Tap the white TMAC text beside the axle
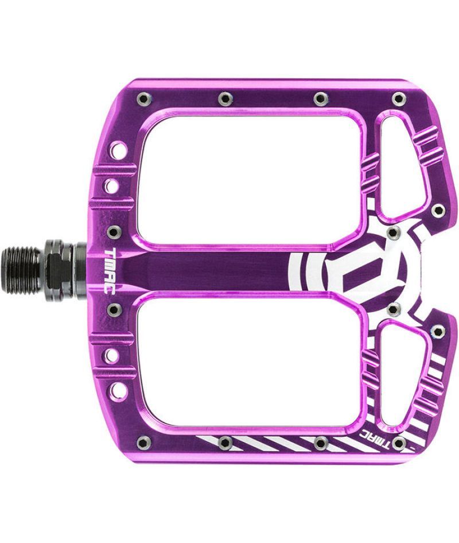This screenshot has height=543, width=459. (x=110, y=271)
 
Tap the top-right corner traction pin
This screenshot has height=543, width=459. (x=399, y=99)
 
